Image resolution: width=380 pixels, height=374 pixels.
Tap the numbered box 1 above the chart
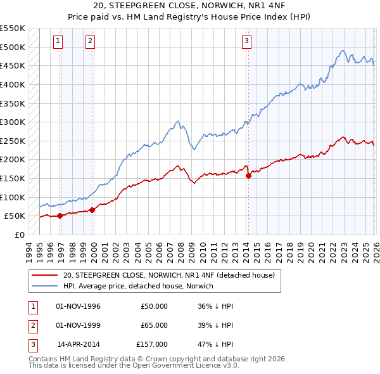pyautogui.click(x=58, y=41)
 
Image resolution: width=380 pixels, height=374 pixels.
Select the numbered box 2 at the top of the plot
pyautogui.click(x=90, y=41)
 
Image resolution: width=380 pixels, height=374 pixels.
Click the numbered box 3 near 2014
pyautogui.click(x=246, y=41)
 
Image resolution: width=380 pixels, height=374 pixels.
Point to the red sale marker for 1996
pyautogui.click(x=60, y=216)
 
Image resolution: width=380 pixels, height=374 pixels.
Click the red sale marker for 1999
pyautogui.click(x=92, y=210)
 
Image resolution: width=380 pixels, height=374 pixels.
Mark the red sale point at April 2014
pyautogui.click(x=248, y=176)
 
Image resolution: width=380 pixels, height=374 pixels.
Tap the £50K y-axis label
pyautogui.click(x=15, y=216)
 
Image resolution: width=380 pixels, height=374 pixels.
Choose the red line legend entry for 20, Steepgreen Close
pyautogui.click(x=168, y=275)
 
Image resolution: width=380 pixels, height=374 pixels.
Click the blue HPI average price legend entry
pyautogui.click(x=138, y=286)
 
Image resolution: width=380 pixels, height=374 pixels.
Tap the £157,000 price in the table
pyautogui.click(x=152, y=344)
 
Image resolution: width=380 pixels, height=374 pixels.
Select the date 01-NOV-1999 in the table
pyautogui.click(x=78, y=325)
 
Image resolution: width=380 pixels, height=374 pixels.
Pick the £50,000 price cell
pyautogui.click(x=154, y=306)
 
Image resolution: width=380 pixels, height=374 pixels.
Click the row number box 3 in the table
pyautogui.click(x=31, y=344)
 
